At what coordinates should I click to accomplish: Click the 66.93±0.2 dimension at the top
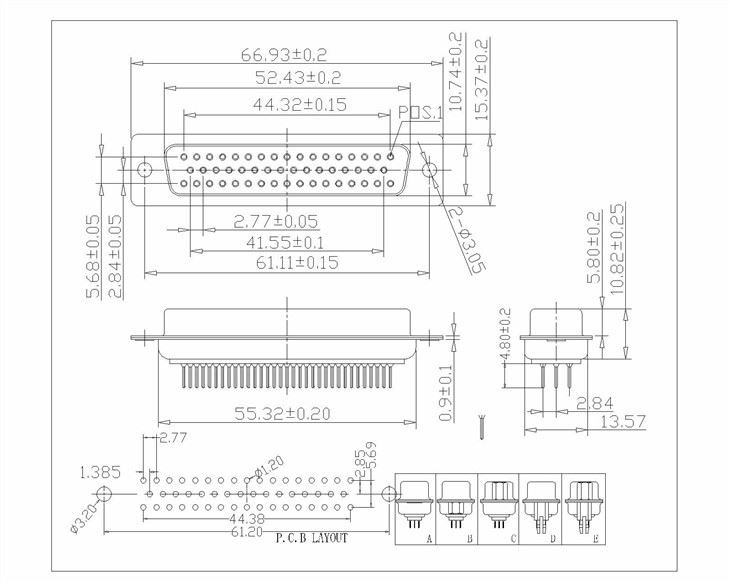[x=284, y=53]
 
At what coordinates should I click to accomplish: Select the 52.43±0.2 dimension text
[x=284, y=77]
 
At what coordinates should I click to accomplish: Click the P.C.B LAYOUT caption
[x=309, y=540]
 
